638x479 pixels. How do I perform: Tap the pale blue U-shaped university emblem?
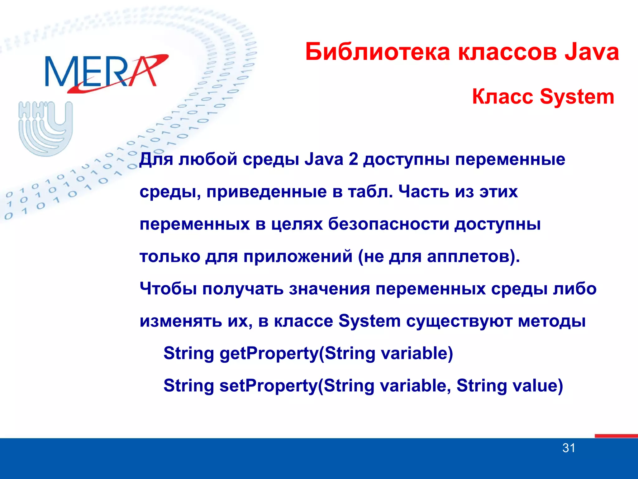(x=46, y=128)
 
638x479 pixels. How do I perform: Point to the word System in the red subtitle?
(x=577, y=97)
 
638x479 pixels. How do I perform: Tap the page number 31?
(x=569, y=448)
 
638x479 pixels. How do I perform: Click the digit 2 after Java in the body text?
(x=353, y=159)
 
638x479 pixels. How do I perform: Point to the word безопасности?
(x=388, y=224)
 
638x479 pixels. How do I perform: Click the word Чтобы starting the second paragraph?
(x=168, y=289)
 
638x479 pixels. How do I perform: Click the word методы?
(x=552, y=321)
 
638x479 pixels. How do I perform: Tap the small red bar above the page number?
(x=616, y=436)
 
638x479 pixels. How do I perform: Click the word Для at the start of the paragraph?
(x=156, y=159)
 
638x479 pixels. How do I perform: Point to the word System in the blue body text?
(x=369, y=321)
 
